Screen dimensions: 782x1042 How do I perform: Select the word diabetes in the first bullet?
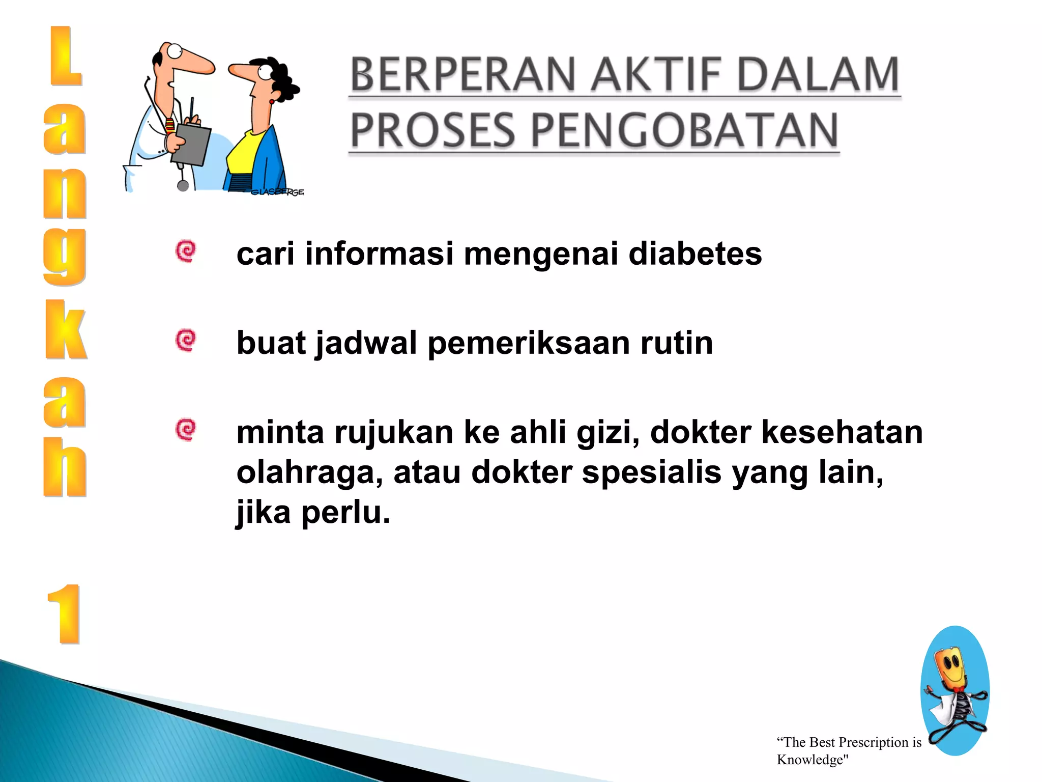695,254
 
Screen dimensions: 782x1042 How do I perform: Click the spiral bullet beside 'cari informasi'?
186,251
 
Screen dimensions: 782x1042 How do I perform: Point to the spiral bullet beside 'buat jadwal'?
186,340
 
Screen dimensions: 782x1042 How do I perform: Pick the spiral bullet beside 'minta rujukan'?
186,430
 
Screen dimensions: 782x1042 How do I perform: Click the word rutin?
676,343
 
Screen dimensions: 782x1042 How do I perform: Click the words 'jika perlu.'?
313,513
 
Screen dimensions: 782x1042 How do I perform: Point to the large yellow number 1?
65,615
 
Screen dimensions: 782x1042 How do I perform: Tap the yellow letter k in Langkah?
65,329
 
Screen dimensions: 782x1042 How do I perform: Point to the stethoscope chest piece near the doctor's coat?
183,185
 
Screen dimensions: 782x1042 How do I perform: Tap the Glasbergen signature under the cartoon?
277,192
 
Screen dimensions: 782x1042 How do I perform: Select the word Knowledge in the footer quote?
809,760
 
